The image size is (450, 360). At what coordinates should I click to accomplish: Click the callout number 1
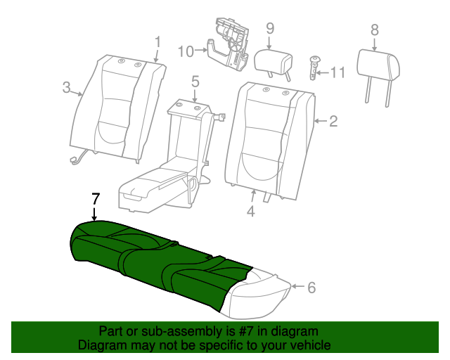click(x=157, y=42)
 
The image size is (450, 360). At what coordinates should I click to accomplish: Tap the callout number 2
click(x=333, y=121)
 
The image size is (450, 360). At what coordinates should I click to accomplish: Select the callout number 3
click(x=66, y=87)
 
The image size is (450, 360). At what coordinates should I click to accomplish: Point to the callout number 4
click(x=251, y=212)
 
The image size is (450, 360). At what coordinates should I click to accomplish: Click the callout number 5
click(x=195, y=82)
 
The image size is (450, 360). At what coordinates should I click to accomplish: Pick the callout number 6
click(x=311, y=287)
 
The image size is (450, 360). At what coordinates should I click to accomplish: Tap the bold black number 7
click(x=96, y=199)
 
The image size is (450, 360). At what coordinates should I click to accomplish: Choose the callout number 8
click(x=375, y=30)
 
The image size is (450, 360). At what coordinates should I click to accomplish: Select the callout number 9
click(x=270, y=28)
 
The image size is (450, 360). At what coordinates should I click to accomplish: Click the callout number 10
click(x=186, y=51)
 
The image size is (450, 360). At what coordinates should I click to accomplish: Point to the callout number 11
click(x=337, y=72)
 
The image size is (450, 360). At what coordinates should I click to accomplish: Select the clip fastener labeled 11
click(x=314, y=68)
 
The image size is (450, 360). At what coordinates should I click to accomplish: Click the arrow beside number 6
click(x=298, y=286)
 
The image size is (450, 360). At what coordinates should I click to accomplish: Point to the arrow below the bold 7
click(x=94, y=214)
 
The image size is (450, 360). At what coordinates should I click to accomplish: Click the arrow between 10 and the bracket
click(x=201, y=51)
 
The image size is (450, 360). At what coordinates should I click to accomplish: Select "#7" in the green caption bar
click(x=245, y=331)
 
